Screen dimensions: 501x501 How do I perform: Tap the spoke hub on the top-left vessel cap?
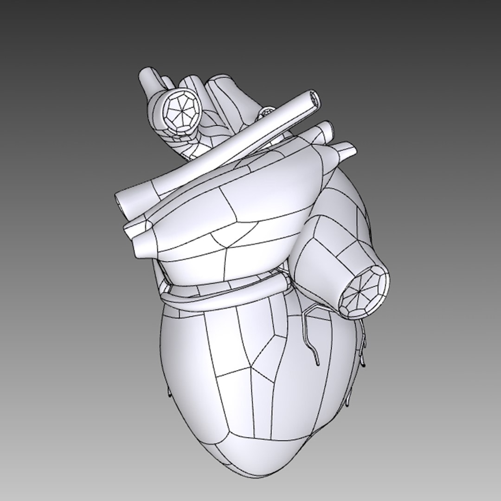(x=179, y=111)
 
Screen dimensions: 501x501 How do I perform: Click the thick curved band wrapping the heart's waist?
(x=223, y=297)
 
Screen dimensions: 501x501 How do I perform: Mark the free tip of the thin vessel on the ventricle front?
(x=317, y=361)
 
